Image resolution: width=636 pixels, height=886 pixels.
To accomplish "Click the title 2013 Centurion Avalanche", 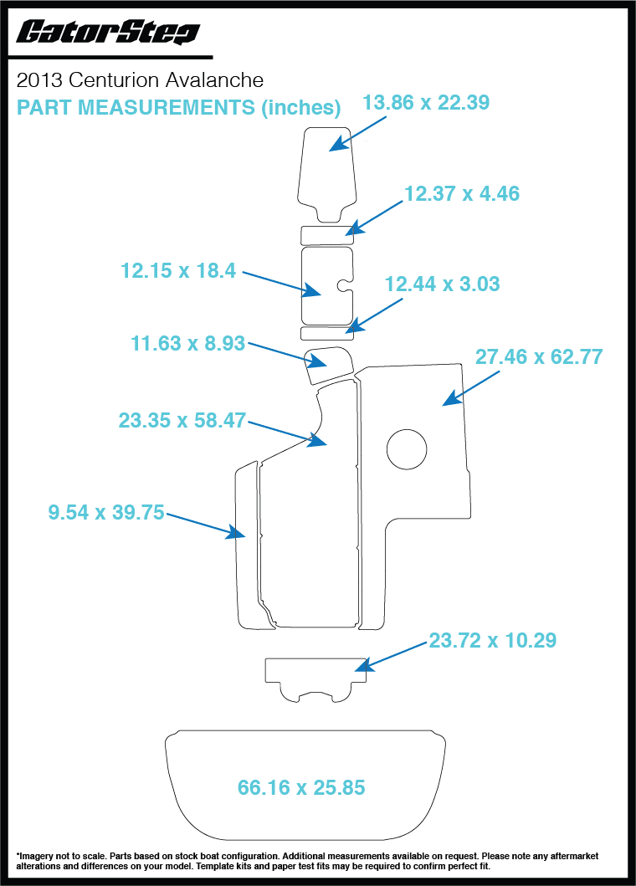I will (x=140, y=80).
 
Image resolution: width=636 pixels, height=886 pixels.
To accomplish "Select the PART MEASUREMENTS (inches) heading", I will (x=178, y=107).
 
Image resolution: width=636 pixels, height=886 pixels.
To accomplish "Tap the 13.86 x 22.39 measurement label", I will (x=425, y=102).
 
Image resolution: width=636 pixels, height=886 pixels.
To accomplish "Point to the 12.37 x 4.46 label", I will (x=462, y=193).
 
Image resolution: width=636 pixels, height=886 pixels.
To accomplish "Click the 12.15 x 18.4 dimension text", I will (x=179, y=270).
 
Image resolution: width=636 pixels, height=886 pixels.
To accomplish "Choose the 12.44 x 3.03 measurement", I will (x=442, y=284).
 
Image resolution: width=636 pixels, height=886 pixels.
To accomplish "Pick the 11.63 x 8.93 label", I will (x=187, y=343).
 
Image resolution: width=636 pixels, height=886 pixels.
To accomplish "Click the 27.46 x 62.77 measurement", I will (x=539, y=356).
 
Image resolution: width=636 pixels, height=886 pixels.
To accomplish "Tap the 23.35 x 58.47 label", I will (x=182, y=420).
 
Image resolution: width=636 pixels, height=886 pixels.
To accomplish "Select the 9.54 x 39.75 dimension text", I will (x=105, y=513).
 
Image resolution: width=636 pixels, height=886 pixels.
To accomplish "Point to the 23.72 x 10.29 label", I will (x=493, y=641).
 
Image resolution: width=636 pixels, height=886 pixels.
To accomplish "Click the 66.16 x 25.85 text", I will (x=301, y=787).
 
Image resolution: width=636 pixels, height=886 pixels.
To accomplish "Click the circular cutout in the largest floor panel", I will (x=406, y=448).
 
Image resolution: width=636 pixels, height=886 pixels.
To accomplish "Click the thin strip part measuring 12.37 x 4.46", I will (x=326, y=232).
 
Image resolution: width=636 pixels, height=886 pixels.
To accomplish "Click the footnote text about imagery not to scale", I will (x=318, y=861).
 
